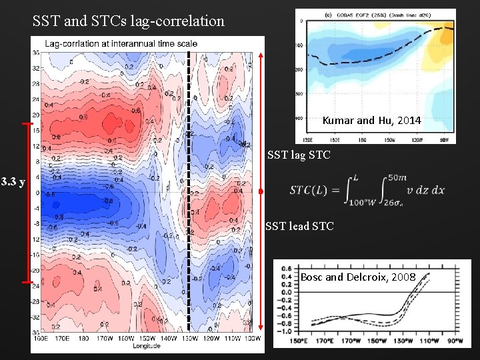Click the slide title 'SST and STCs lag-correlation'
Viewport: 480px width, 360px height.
click(x=129, y=21)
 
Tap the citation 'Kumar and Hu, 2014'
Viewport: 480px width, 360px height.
click(x=371, y=121)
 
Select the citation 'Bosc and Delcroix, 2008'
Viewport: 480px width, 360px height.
click(x=358, y=277)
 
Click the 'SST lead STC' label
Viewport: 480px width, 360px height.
click(x=299, y=227)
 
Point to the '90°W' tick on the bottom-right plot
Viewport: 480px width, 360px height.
click(x=456, y=343)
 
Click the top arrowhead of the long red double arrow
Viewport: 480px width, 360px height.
click(x=261, y=55)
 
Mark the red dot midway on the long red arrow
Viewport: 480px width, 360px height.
click(x=261, y=191)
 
